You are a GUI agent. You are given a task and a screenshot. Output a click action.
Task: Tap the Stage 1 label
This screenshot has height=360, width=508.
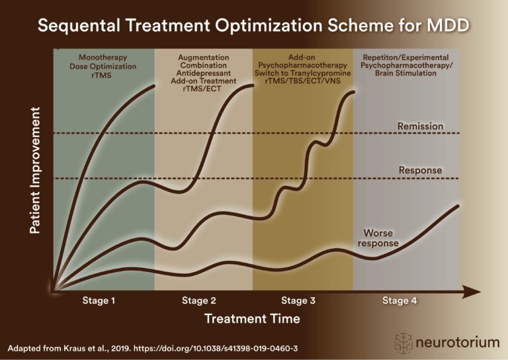[x=99, y=300]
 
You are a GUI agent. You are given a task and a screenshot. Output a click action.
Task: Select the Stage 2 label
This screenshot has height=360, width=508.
[x=199, y=300]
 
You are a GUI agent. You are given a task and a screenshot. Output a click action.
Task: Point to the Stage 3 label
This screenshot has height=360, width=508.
[x=298, y=300]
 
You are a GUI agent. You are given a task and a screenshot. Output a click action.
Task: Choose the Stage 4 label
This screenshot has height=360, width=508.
[x=400, y=300]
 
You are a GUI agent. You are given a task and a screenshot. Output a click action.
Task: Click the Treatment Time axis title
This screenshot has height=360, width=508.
[x=252, y=319]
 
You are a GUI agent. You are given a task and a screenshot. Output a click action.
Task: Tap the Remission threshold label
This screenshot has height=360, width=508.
[x=420, y=126]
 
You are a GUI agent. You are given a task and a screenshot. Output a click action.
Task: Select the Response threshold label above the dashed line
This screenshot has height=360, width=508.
[x=420, y=170]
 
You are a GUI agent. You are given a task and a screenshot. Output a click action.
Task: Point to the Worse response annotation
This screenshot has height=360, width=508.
[x=378, y=238]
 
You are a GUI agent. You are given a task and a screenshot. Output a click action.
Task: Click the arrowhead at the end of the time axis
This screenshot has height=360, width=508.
[x=472, y=291]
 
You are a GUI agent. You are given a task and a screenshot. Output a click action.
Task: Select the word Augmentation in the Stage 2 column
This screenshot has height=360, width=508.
[x=204, y=58]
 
